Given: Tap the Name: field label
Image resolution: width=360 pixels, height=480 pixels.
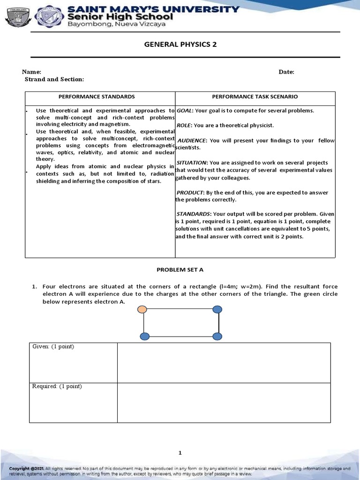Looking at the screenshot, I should tap(31, 72).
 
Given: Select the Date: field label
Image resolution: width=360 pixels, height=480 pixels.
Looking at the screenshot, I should tap(286, 72).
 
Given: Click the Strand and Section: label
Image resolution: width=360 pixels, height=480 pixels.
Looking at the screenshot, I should tap(54, 79).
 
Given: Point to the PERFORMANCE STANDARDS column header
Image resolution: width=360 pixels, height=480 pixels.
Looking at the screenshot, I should tap(96, 97).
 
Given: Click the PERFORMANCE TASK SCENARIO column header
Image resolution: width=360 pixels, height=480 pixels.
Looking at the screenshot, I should tap(255, 97).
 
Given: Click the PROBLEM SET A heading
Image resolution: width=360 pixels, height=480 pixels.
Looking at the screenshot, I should tap(180, 270).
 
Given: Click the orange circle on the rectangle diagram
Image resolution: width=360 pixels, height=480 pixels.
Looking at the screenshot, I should tap(142, 309).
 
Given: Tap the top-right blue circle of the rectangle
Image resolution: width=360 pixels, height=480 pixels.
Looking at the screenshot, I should tap(217, 309).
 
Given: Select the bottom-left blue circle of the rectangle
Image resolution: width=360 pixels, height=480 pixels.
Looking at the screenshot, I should tap(145, 336).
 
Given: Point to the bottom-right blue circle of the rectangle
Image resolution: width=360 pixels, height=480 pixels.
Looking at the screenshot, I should tap(217, 336).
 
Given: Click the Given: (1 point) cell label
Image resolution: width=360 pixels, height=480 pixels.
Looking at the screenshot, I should tap(53, 346).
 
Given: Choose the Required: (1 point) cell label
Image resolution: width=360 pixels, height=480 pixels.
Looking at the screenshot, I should tap(57, 386).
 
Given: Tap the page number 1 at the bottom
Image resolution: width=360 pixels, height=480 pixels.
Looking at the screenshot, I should tap(180, 452).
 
